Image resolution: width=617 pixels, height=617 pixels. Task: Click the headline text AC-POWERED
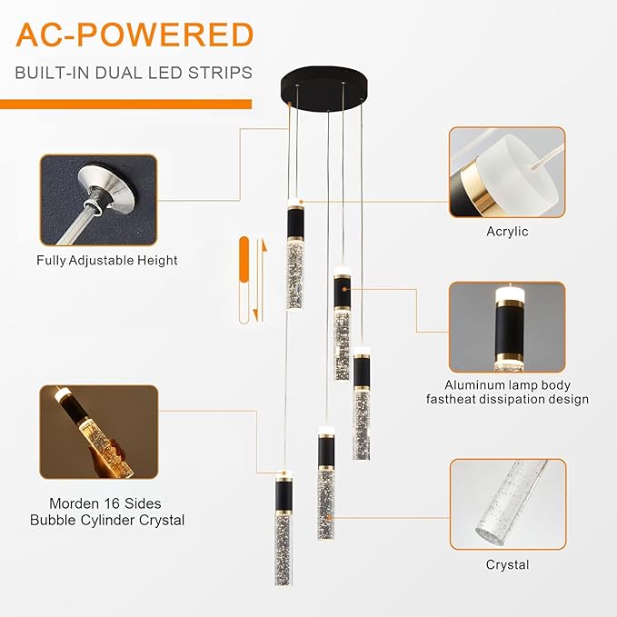(134, 35)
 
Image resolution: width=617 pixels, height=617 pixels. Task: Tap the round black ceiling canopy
(325, 89)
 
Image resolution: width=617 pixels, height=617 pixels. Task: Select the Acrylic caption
(507, 232)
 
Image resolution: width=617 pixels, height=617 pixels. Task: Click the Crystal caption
(507, 564)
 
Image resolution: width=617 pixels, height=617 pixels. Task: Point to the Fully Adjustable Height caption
(107, 260)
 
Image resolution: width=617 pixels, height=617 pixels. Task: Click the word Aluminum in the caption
(472, 384)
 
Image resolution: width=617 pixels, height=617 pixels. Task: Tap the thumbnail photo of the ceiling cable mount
(98, 200)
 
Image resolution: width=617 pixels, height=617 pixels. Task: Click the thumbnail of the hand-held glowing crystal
(98, 433)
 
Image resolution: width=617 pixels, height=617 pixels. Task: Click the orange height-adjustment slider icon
(244, 280)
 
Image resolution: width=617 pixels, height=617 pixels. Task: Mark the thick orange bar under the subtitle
(126, 103)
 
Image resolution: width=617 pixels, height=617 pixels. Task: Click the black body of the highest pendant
(294, 234)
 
